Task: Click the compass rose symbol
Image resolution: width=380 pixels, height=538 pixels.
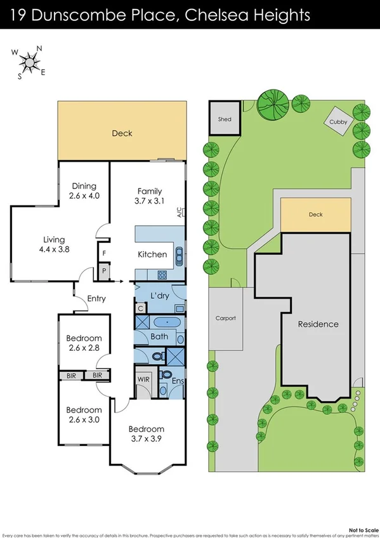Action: tap(29, 62)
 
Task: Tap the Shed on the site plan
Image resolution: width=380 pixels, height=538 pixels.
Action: tap(225, 119)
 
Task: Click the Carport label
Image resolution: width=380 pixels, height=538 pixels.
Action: tap(225, 318)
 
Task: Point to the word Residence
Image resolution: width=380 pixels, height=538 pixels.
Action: tap(318, 324)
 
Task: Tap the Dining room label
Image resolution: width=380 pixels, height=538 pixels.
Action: tap(84, 186)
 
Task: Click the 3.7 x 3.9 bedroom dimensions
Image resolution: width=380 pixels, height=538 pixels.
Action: tap(147, 438)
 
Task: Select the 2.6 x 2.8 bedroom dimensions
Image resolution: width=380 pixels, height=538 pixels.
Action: tap(84, 348)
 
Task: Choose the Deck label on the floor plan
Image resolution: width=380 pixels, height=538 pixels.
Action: tap(122, 133)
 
